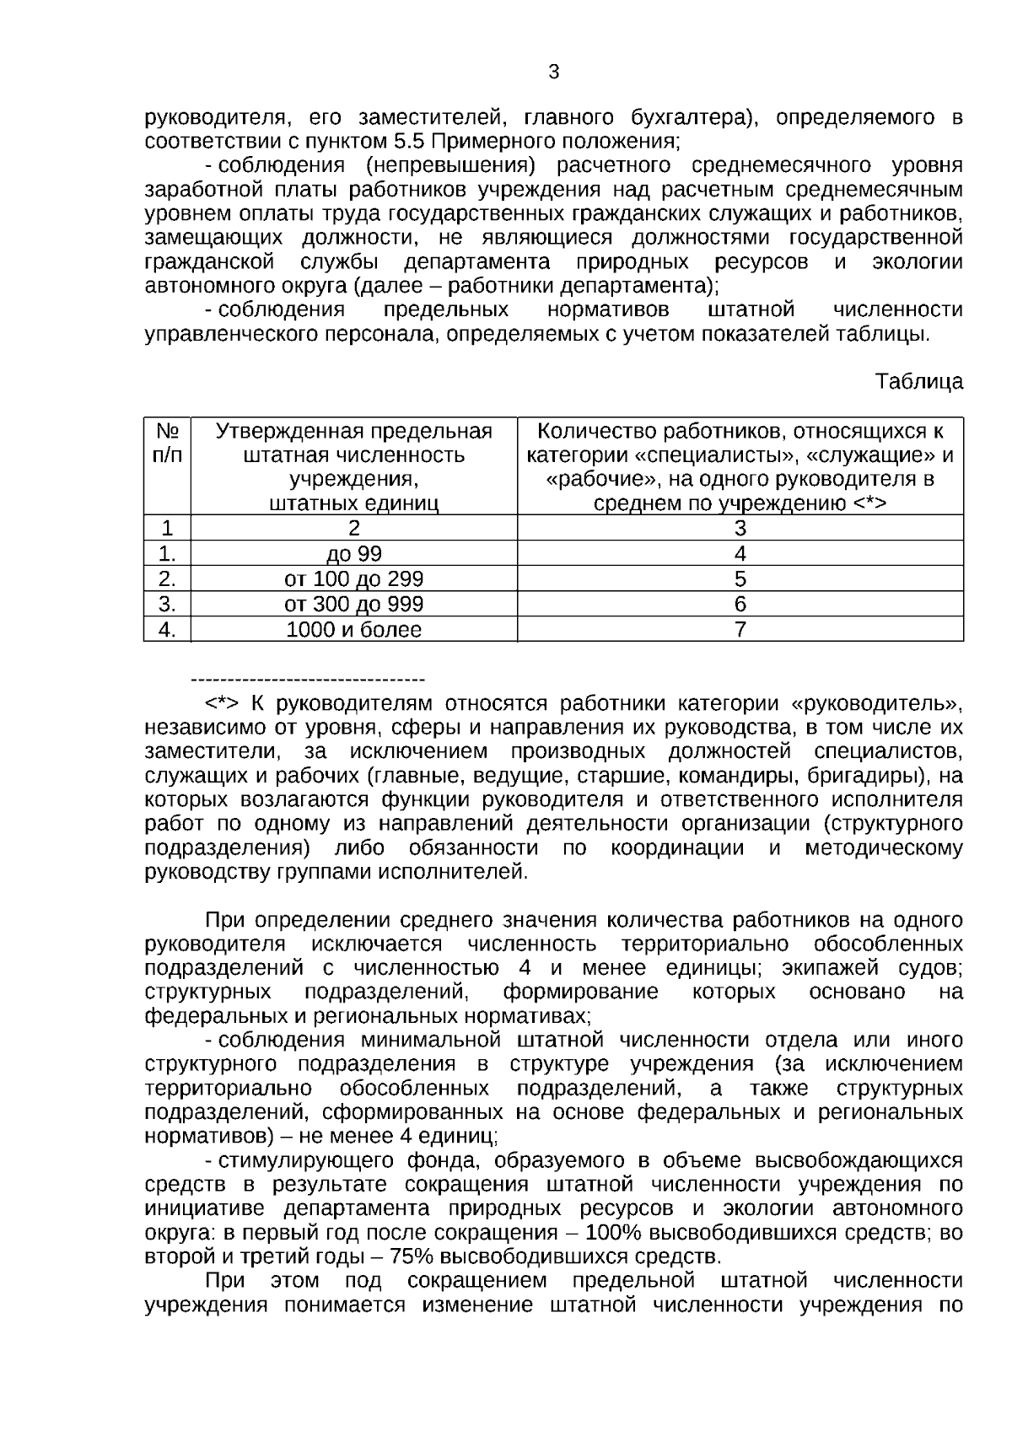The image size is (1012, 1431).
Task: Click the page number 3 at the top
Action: (553, 73)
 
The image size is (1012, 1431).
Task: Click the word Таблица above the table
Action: (918, 382)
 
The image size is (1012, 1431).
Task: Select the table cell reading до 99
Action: (353, 554)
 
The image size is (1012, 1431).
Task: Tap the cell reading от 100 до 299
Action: (353, 579)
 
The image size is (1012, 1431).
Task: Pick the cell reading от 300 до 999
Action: (353, 605)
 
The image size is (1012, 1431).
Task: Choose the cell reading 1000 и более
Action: (353, 630)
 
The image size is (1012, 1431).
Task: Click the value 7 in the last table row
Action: (740, 630)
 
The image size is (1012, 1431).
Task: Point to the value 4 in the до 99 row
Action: (740, 554)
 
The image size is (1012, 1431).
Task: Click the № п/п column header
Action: (167, 444)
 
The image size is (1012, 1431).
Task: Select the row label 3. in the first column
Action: (167, 605)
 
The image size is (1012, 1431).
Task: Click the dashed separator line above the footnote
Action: (308, 680)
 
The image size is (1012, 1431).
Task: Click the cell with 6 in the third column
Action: (740, 605)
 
